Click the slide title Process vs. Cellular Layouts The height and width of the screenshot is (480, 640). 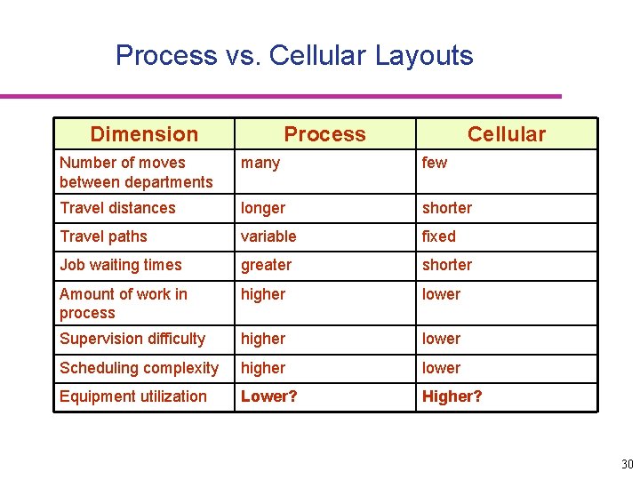click(x=294, y=55)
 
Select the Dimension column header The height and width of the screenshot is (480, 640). click(x=144, y=134)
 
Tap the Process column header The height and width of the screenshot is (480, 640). click(x=324, y=134)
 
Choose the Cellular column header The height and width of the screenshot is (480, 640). click(x=507, y=134)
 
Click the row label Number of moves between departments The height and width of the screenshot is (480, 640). click(x=136, y=172)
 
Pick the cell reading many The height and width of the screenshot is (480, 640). click(x=260, y=163)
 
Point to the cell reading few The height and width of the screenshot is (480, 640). click(x=435, y=163)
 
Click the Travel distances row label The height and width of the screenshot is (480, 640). click(x=117, y=208)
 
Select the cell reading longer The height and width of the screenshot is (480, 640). click(x=263, y=208)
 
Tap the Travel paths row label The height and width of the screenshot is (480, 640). click(x=103, y=236)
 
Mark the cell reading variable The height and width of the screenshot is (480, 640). click(x=268, y=236)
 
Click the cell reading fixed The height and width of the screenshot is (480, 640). click(x=439, y=236)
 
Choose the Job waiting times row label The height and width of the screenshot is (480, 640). click(x=120, y=265)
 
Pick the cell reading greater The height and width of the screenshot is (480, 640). click(x=266, y=265)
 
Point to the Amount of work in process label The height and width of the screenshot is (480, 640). click(x=123, y=303)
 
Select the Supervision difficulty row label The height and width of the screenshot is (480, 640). click(x=132, y=339)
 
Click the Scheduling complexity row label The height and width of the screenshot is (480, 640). click(x=139, y=368)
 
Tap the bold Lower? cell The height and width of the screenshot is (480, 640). click(x=269, y=396)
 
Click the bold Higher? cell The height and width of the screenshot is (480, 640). click(x=452, y=396)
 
